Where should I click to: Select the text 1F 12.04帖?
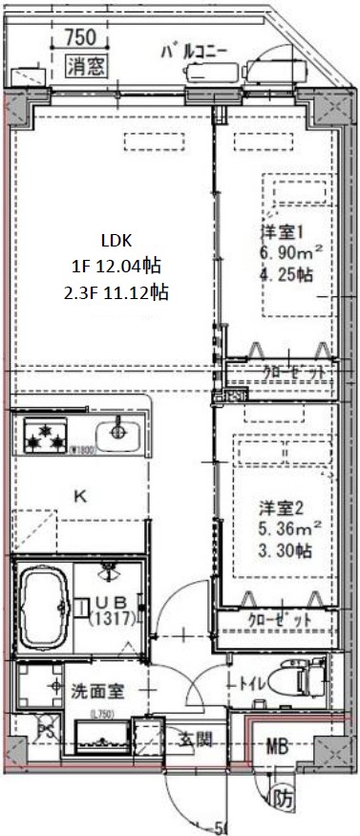click(117, 267)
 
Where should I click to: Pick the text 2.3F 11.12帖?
click(118, 292)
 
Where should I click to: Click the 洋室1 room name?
click(283, 231)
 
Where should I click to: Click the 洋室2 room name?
click(283, 505)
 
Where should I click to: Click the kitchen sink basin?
click(119, 431)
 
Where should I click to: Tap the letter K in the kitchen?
click(81, 494)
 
